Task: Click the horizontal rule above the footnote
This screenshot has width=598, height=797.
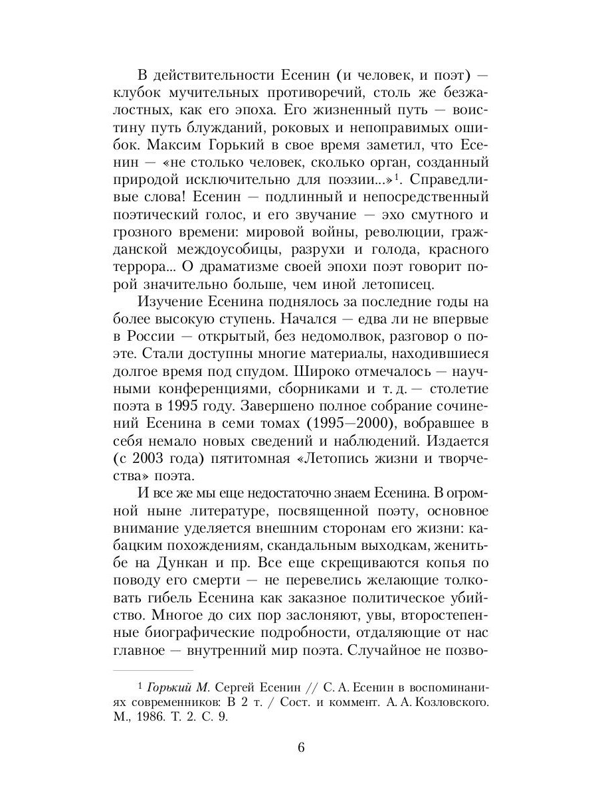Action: [152, 671]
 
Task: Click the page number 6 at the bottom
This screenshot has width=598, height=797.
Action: [300, 747]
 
